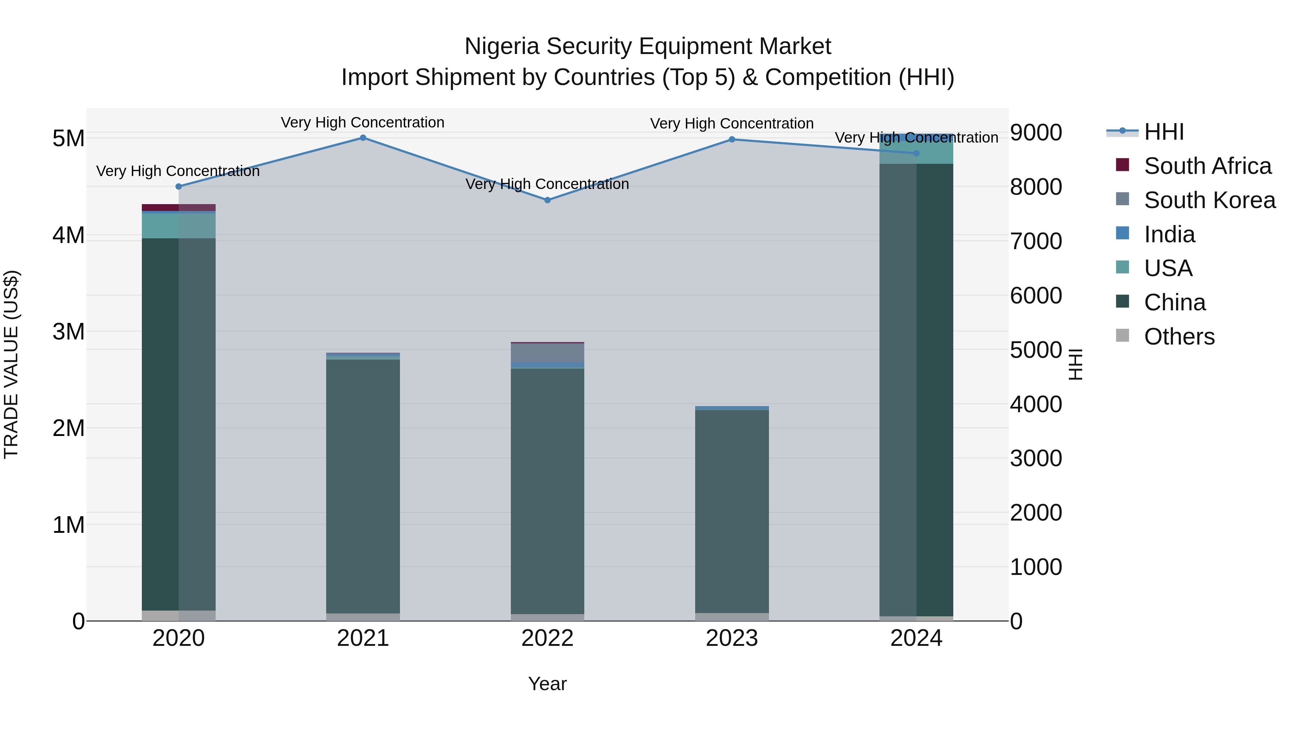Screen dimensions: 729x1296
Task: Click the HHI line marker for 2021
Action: [x=363, y=138]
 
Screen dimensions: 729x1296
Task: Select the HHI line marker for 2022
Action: [x=547, y=200]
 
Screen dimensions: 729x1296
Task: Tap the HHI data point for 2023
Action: [x=732, y=139]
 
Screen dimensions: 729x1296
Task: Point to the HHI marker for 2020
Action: [x=179, y=186]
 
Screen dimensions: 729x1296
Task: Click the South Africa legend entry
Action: [x=1207, y=166]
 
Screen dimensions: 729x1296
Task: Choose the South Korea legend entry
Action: [x=1210, y=200]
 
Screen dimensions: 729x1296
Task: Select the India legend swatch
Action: [x=1122, y=233]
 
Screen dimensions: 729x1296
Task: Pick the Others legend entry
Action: [x=1179, y=337]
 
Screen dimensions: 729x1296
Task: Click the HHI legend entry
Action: [x=1164, y=132]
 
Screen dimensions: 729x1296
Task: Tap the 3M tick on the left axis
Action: [x=69, y=332]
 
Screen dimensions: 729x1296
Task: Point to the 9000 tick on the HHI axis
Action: [x=1036, y=133]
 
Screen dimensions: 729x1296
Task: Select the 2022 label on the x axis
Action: [x=547, y=638]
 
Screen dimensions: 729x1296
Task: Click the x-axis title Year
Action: [x=547, y=684]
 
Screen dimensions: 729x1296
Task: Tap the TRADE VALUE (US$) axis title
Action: [x=11, y=364]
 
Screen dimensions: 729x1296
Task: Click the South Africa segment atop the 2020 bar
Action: [x=179, y=207]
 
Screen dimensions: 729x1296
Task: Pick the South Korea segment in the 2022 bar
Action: [x=547, y=353]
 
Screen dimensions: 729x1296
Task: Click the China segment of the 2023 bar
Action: [x=732, y=510]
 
